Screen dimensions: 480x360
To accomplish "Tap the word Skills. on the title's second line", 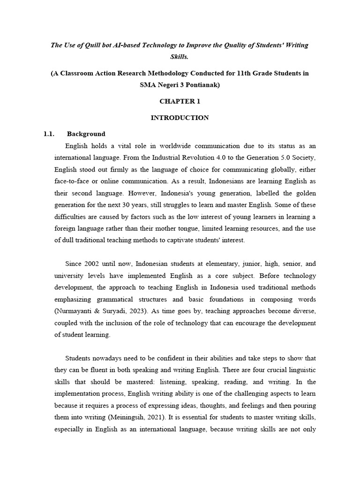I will tap(180, 56).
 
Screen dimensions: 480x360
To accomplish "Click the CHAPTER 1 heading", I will tap(180, 101).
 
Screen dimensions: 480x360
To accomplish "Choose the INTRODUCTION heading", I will tap(180, 118).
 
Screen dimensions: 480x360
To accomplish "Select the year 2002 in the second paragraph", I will tap(94, 263).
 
